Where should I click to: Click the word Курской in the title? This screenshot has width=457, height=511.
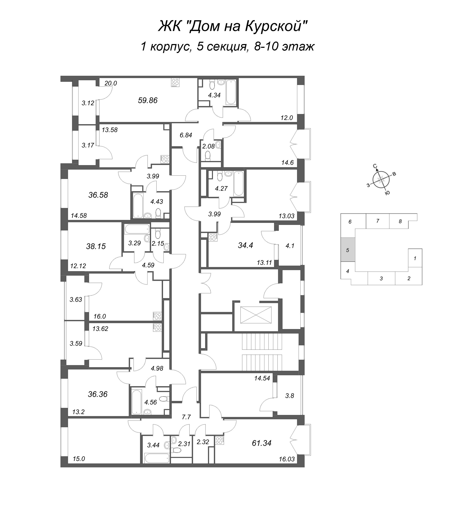276,26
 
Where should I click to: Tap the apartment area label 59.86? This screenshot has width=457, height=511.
148,101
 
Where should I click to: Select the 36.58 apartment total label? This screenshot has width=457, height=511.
98,195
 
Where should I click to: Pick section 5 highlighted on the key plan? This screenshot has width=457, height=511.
348,250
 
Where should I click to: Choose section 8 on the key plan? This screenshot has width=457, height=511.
400,221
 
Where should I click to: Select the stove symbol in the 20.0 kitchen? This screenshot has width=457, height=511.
175,83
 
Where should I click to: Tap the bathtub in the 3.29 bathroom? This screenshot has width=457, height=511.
137,229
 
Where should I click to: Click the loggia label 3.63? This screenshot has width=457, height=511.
76,299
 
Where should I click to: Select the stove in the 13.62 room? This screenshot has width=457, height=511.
157,328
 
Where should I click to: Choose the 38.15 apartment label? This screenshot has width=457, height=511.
96,247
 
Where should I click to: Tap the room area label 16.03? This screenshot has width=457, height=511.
287,459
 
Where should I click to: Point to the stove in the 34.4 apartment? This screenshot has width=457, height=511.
213,237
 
